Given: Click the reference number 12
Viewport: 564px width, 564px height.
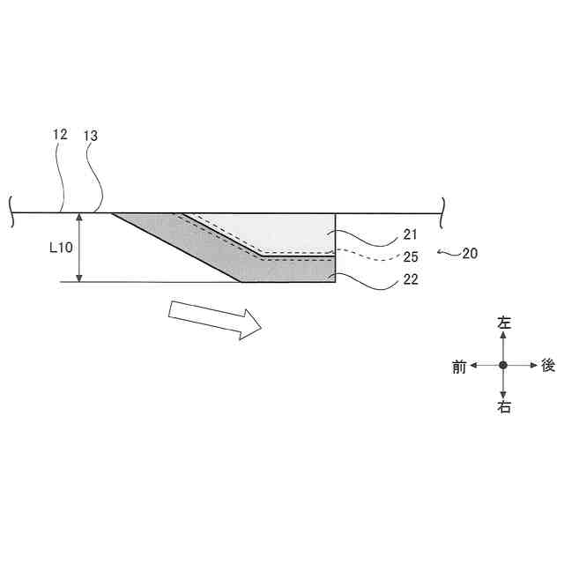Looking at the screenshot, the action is coord(60,135).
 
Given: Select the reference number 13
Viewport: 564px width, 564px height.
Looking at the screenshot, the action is coord(91,136).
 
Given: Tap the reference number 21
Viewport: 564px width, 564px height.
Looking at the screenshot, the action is coord(410,234).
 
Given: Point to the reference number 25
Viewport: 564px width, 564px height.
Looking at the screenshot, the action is coord(411,256).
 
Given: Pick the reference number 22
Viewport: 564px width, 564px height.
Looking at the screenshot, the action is coord(411,279).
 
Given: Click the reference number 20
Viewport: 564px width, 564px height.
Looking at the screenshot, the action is coord(470,254).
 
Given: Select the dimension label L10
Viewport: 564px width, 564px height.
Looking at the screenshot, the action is coord(61,248).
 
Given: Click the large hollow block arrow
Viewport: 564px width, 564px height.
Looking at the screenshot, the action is coord(215,320).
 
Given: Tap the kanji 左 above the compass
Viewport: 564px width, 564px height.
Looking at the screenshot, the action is coord(503,323).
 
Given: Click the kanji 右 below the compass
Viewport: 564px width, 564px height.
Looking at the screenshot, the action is coord(503,407).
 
